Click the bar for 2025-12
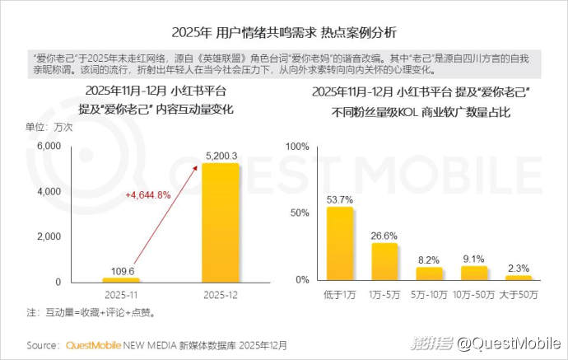coord(220,222)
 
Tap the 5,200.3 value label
coord(220,156)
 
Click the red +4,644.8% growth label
coord(148,194)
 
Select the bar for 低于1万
coord(340,244)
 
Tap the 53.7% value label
coord(340,199)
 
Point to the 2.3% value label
coord(518,268)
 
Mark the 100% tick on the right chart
coord(296,146)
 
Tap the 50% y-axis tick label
coord(299,213)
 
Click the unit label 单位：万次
coord(49,127)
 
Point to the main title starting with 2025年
coord(284,33)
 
